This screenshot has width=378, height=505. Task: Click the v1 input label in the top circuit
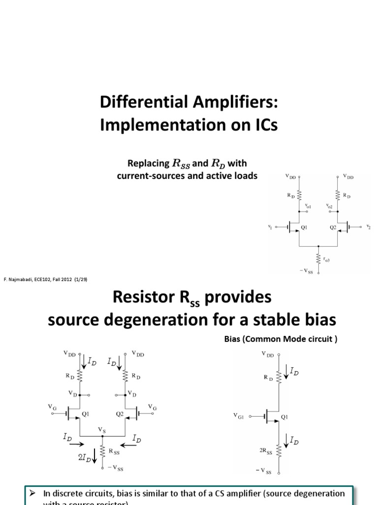click(x=270, y=227)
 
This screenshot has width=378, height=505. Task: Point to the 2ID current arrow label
click(x=84, y=457)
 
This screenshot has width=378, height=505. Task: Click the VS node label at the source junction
click(x=102, y=430)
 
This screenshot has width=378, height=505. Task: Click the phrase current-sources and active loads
click(x=187, y=176)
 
